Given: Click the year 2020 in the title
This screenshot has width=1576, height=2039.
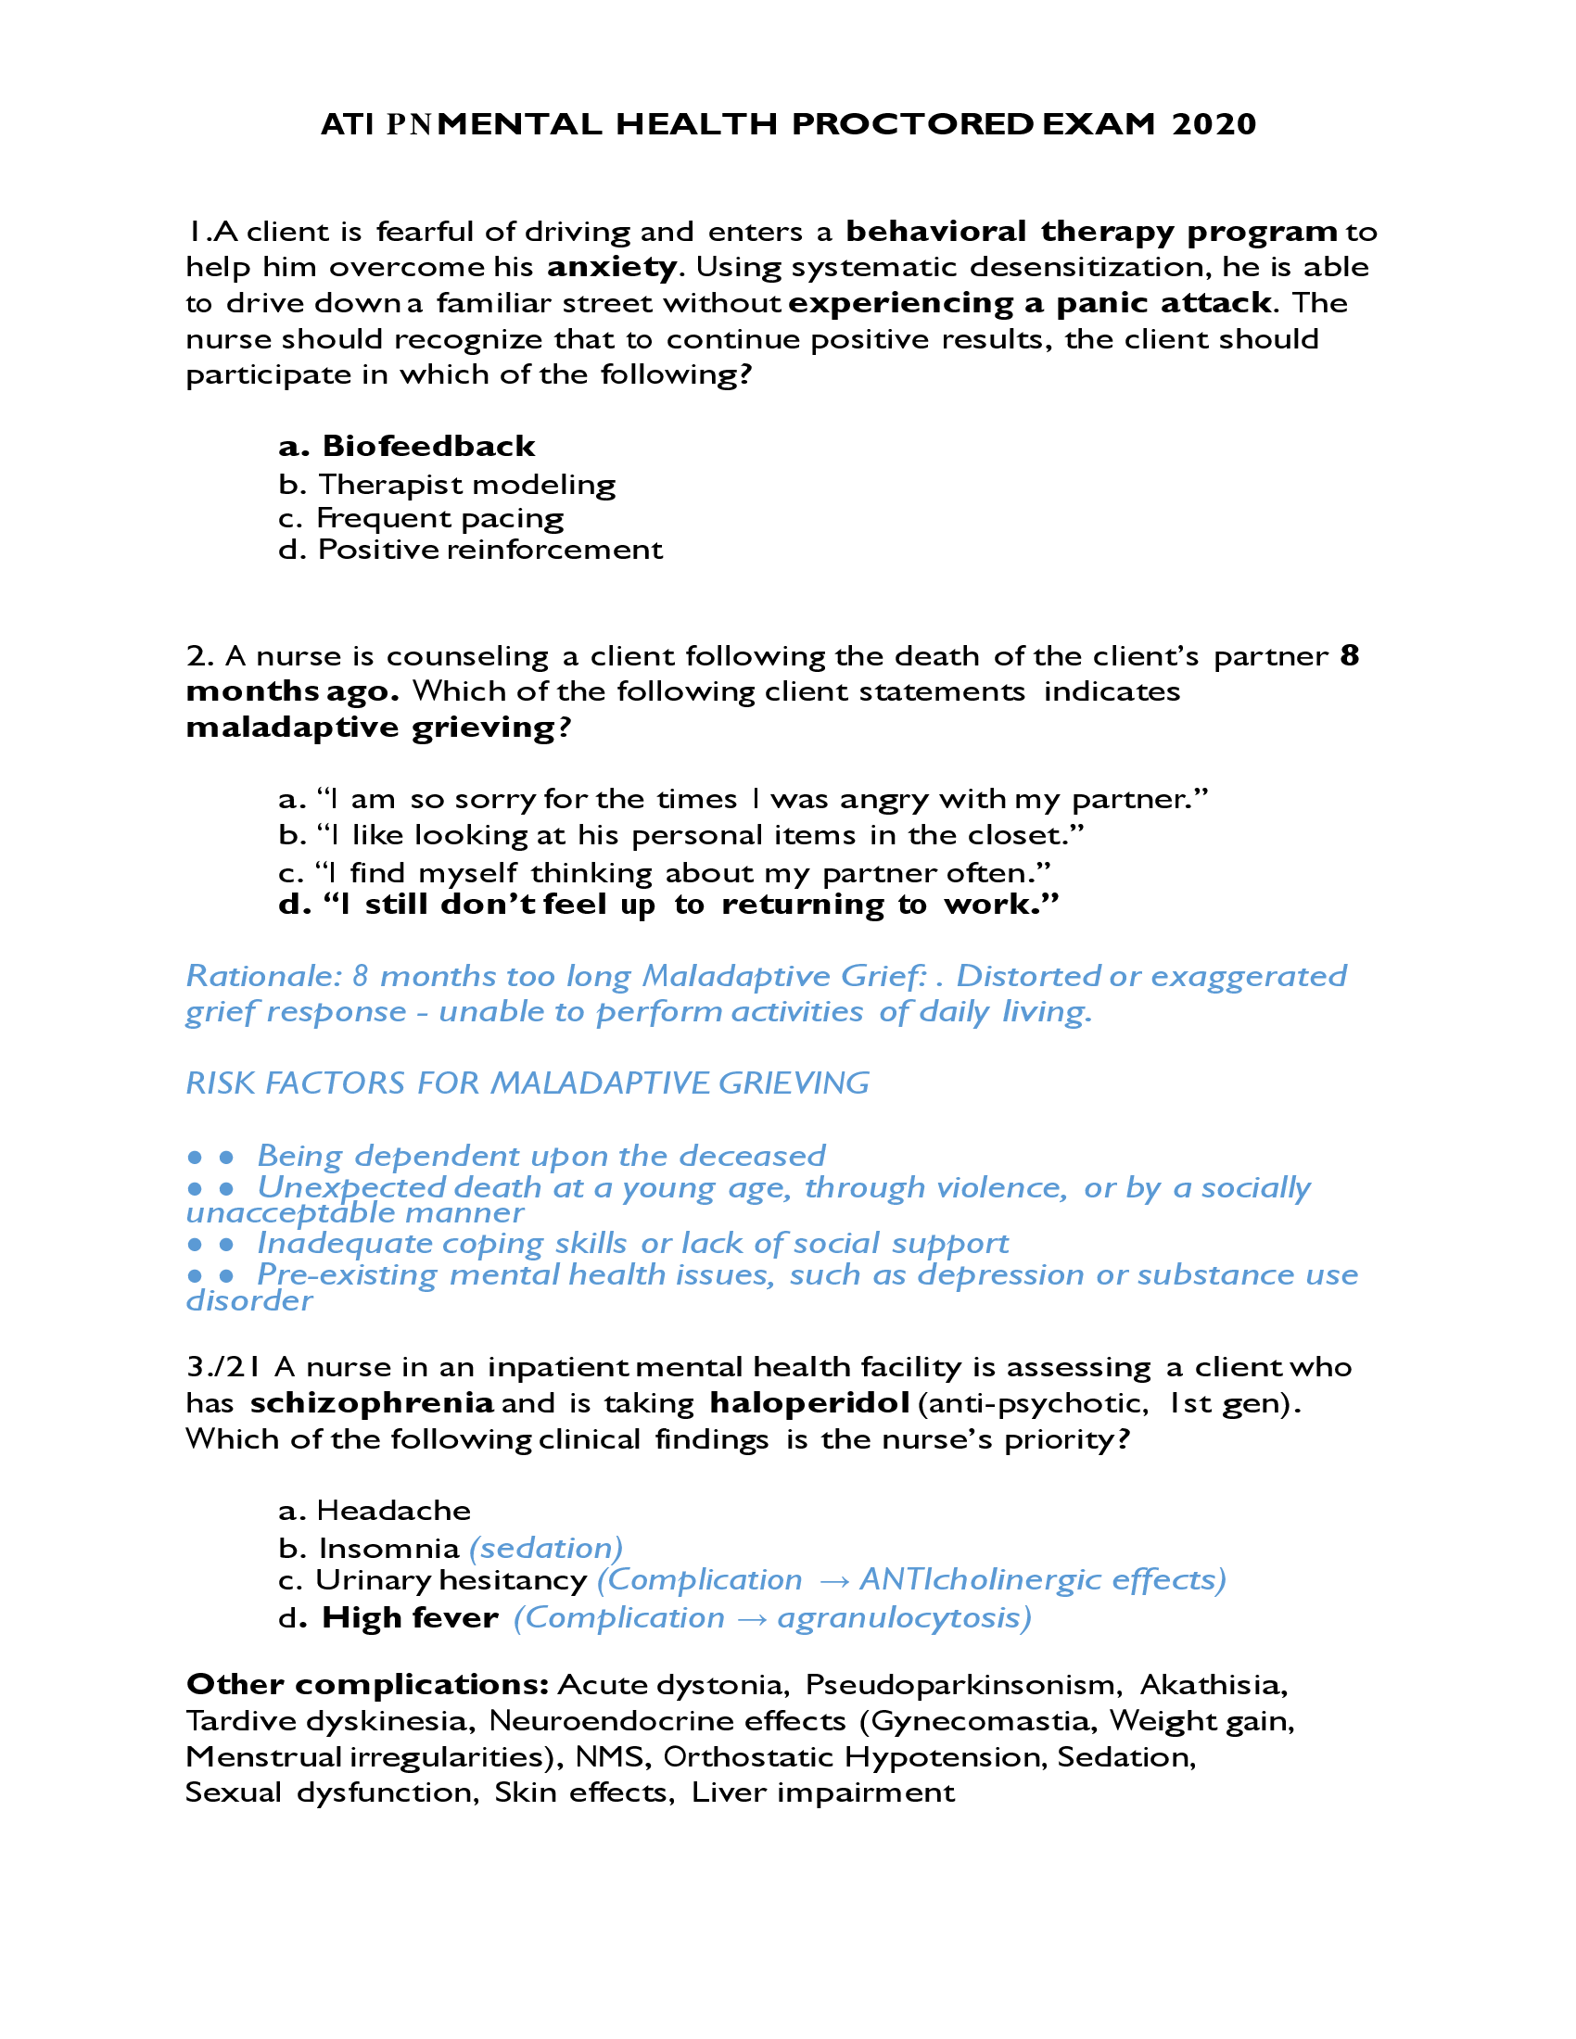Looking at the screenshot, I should (1214, 124).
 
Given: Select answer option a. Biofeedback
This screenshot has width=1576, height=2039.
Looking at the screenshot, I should (407, 447).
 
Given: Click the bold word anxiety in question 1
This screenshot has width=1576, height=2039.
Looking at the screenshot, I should (612, 268).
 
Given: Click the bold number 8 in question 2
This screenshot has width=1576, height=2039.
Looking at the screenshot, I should (1349, 656).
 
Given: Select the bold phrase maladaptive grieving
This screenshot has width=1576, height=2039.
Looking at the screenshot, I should (371, 728).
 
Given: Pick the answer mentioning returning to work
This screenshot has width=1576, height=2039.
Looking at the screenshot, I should (668, 905).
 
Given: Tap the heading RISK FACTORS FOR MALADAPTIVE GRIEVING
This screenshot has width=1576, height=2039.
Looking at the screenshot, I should (527, 1083).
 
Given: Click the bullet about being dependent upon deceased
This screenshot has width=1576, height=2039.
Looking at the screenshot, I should (540, 1156).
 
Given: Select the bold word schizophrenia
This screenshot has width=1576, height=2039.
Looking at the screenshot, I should (372, 1402).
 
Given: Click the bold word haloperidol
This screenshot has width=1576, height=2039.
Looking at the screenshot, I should (809, 1402).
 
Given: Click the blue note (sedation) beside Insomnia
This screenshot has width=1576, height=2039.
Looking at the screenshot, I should (545, 1548).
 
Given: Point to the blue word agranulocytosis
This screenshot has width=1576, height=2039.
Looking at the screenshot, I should (903, 1618).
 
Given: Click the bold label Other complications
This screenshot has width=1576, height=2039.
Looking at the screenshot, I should (367, 1684).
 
